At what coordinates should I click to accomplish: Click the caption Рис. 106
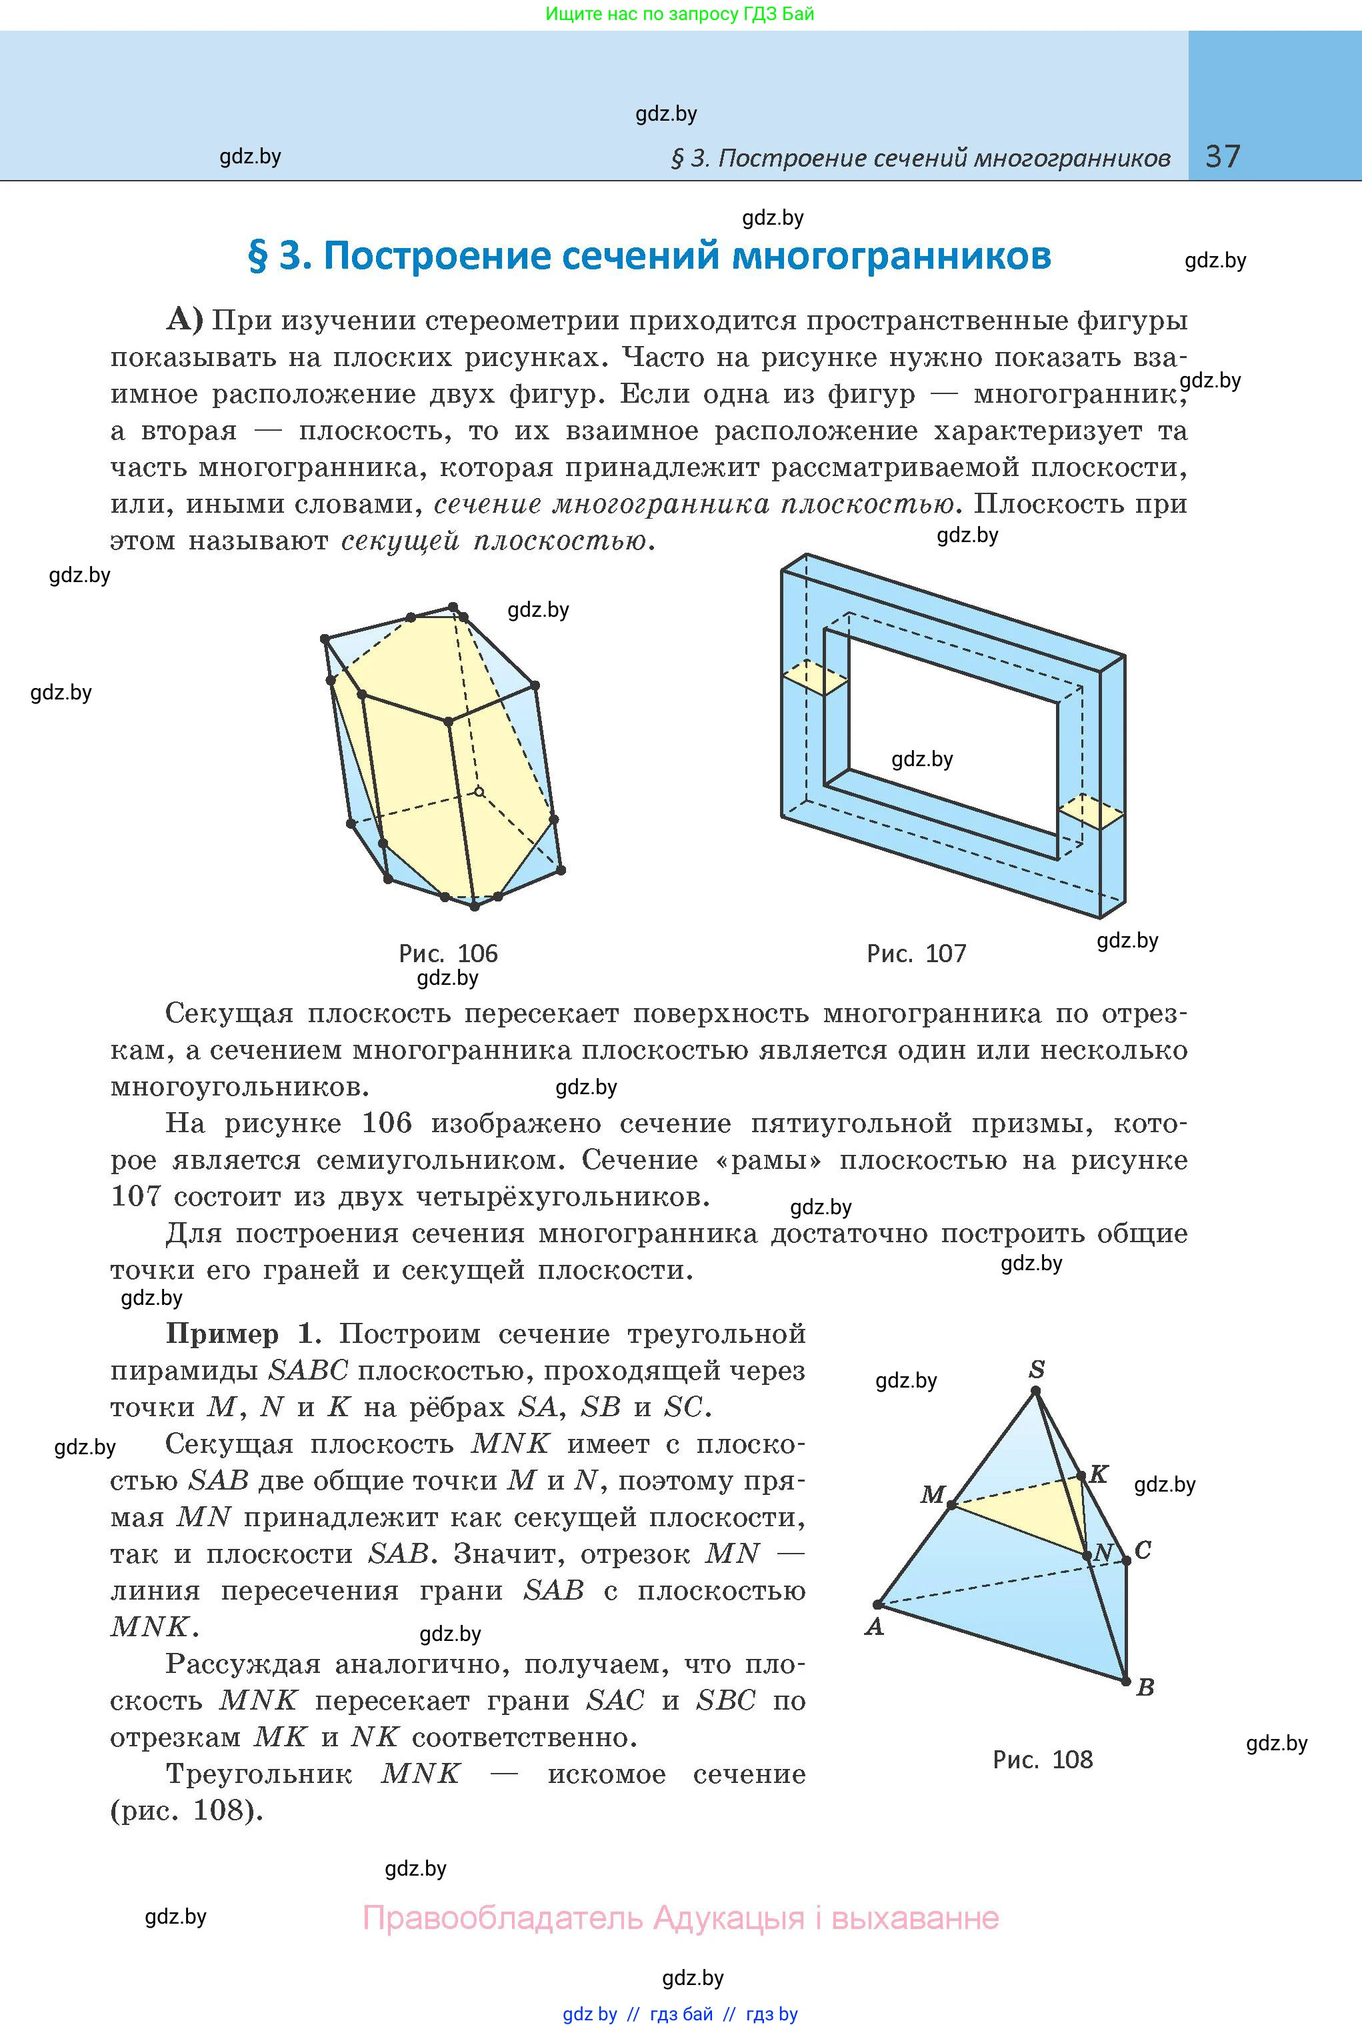[x=448, y=953]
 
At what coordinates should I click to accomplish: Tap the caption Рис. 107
[x=917, y=953]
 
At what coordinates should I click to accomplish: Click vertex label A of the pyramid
[x=874, y=1626]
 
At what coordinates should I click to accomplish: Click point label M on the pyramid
[x=932, y=1494]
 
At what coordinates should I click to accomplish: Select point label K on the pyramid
[x=1099, y=1474]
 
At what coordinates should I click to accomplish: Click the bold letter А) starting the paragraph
[x=184, y=321]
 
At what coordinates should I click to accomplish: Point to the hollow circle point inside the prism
[x=479, y=791]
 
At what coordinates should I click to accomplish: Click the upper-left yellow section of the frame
[x=814, y=677]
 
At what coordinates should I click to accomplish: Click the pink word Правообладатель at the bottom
[x=504, y=1918]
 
